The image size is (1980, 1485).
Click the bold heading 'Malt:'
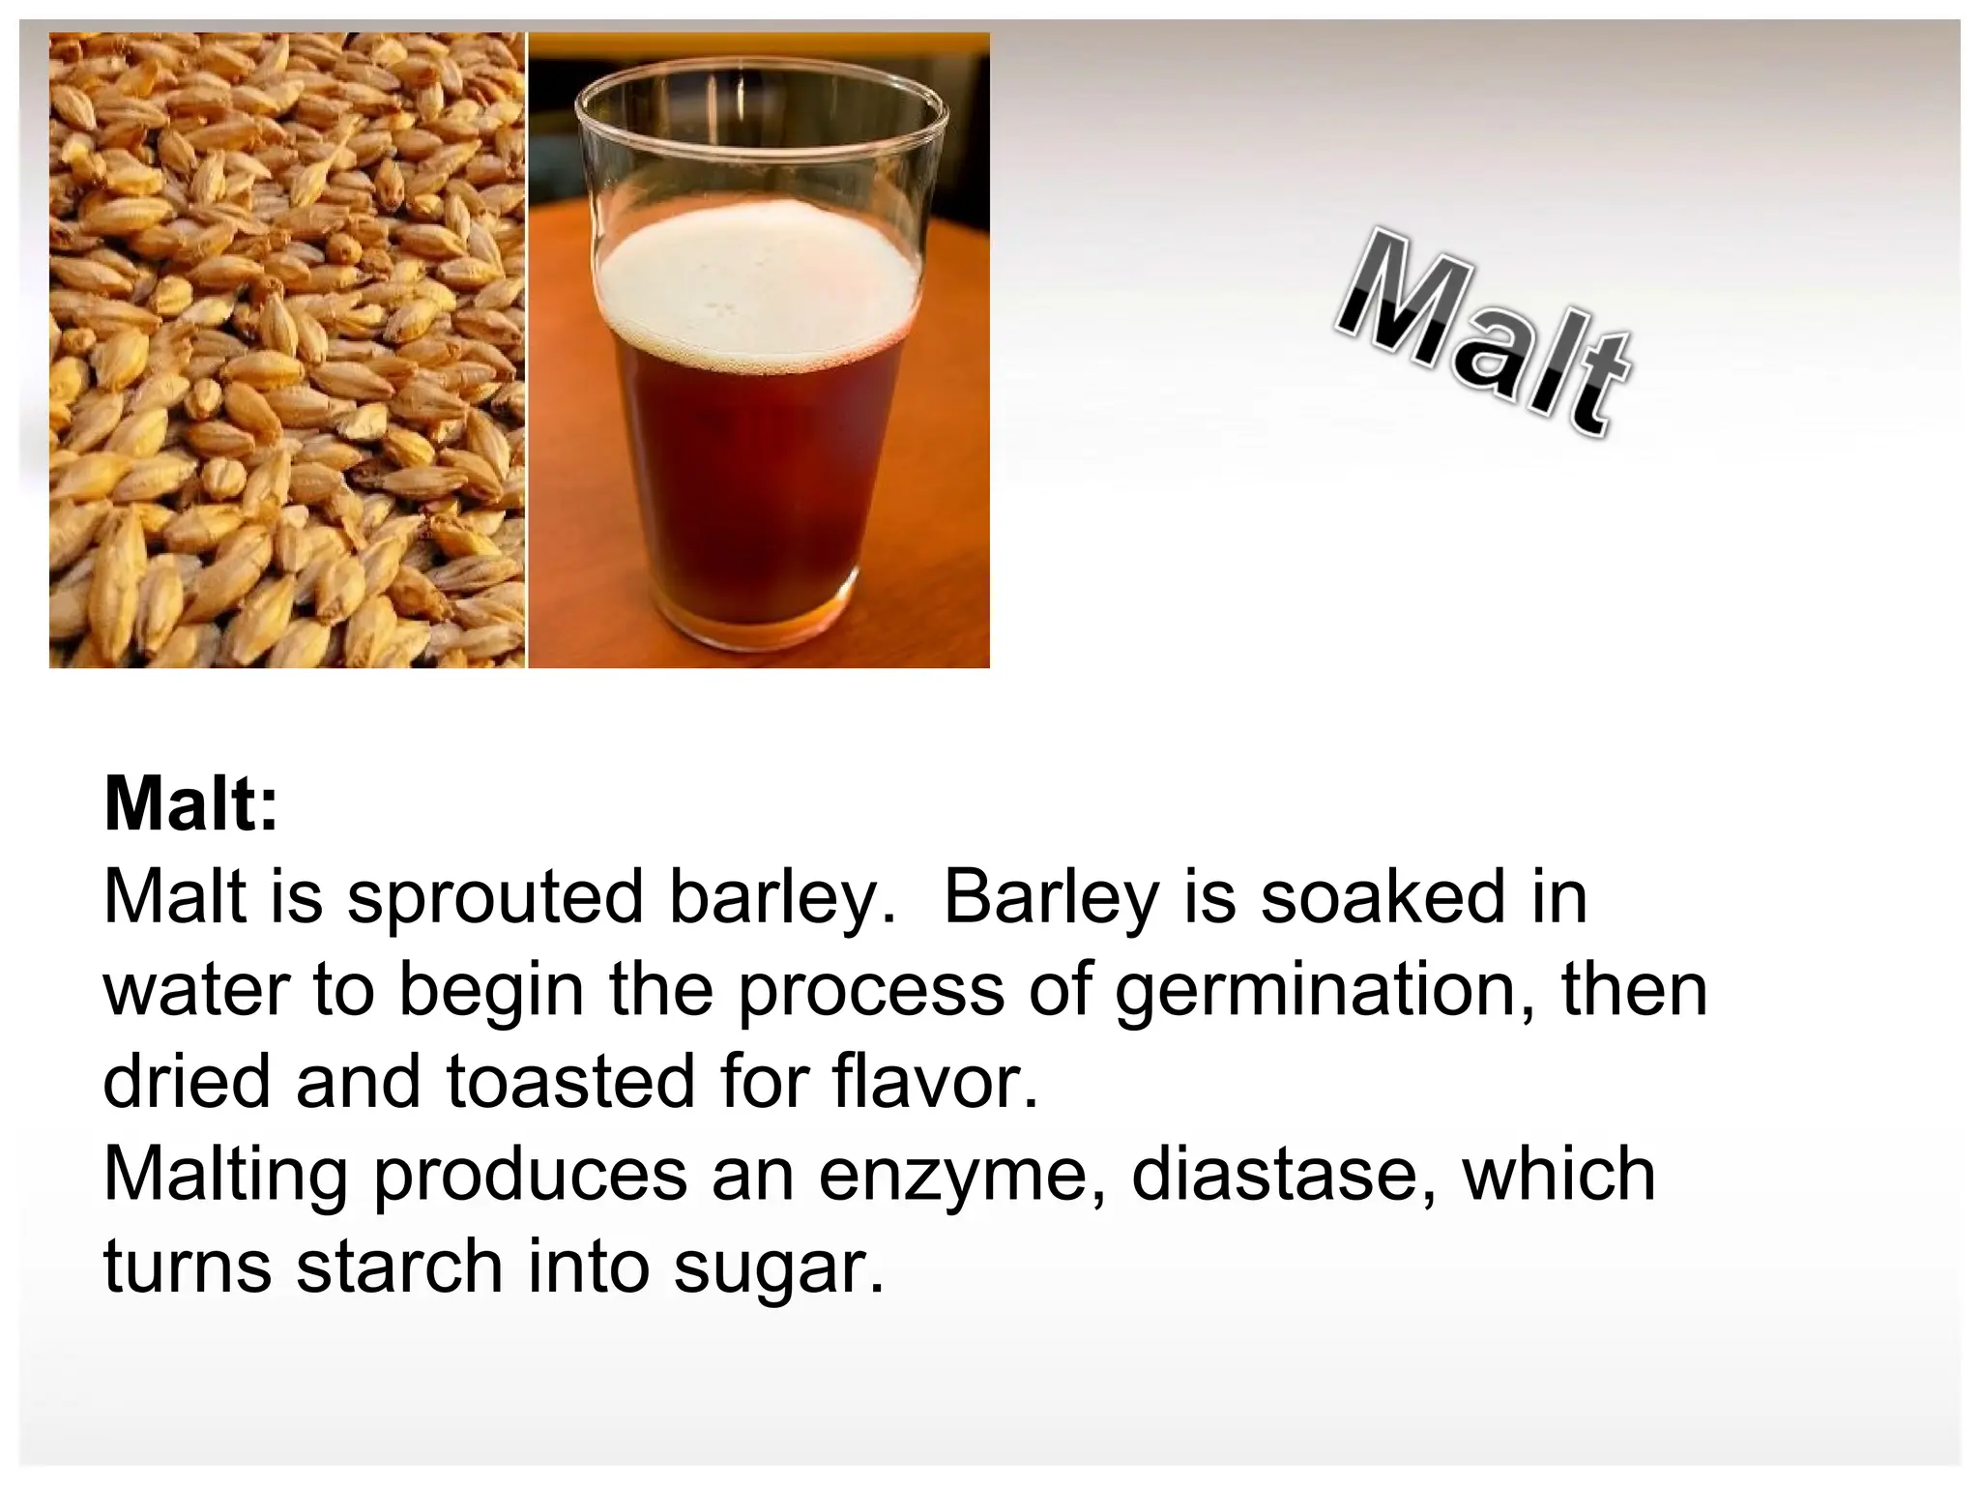pyautogui.click(x=190, y=804)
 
